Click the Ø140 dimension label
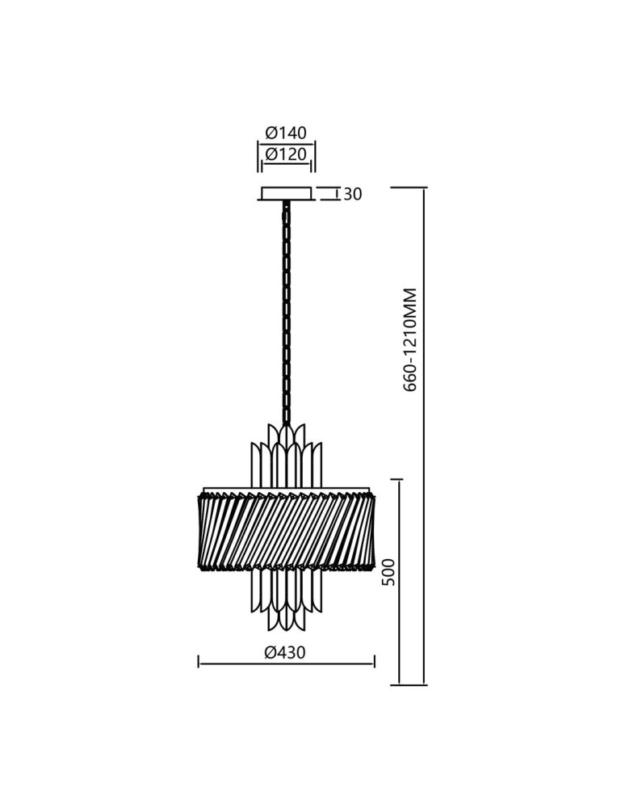click(x=286, y=133)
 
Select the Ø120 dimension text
click(x=286, y=154)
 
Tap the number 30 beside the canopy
click(x=353, y=194)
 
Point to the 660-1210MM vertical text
click(x=409, y=340)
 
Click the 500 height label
click(x=390, y=572)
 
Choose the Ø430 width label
click(x=285, y=652)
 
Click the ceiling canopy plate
click(x=286, y=194)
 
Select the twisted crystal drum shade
click(x=286, y=531)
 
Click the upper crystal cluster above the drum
click(x=286, y=454)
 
